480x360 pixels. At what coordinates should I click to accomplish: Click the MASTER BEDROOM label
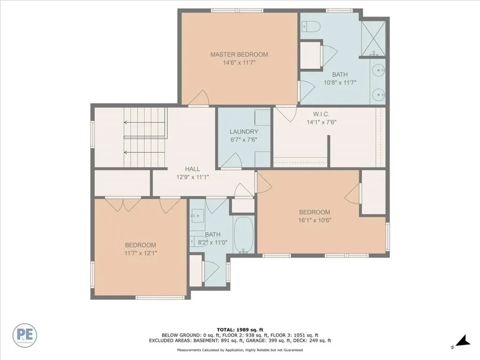coord(239,54)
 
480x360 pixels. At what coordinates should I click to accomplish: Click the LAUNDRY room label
coord(244,132)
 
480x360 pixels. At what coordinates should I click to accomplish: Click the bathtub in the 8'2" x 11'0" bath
coord(243,234)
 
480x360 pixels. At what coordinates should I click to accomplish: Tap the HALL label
coord(192,169)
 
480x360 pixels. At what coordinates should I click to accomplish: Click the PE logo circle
coord(26,335)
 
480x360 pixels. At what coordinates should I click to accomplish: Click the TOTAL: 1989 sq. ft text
coord(240,329)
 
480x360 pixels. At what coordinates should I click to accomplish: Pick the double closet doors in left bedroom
coord(123,203)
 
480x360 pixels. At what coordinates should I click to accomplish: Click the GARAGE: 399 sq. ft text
coord(277,341)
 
